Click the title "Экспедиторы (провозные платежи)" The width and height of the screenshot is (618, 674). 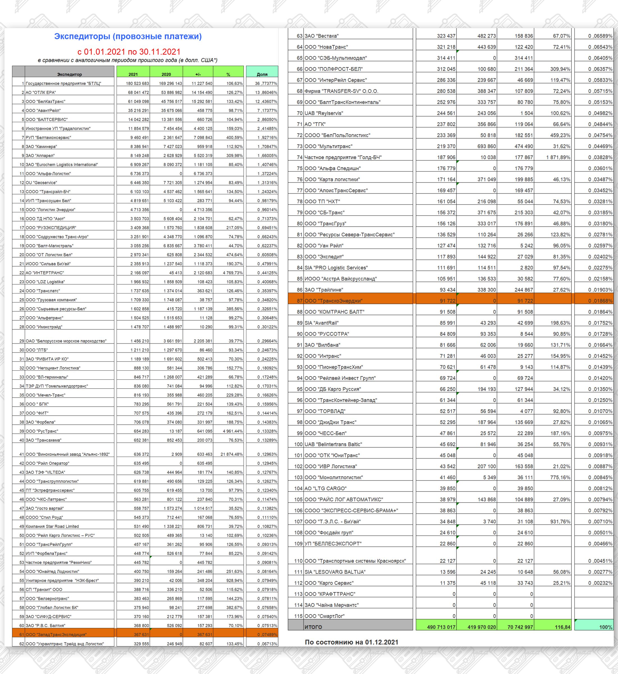[128, 37]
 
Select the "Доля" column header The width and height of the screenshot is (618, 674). [262, 74]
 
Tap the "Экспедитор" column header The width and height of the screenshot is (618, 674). [69, 74]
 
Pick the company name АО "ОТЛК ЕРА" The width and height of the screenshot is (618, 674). [41, 93]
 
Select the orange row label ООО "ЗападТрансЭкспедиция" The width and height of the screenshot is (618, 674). [56, 635]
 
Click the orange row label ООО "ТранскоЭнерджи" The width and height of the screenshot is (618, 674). [333, 301]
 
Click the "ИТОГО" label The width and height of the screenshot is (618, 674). [313, 627]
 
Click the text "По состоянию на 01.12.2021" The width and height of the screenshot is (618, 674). [351, 642]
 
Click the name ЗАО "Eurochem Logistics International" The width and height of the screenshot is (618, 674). [62, 165]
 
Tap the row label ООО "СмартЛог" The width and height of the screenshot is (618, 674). [324, 616]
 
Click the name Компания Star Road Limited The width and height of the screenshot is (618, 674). [52, 527]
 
